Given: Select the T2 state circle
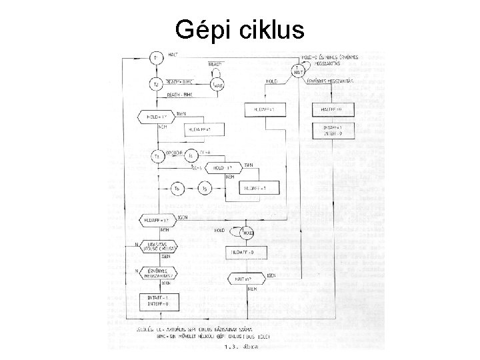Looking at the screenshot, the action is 156,85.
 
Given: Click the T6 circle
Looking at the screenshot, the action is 177,189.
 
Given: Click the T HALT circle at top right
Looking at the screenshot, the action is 297,69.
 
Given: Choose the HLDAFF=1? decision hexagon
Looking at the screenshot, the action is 155,220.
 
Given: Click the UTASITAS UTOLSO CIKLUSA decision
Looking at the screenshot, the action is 156,248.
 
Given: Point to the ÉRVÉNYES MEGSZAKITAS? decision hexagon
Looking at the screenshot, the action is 156,273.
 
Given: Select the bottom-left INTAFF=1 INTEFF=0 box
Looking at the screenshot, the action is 155,300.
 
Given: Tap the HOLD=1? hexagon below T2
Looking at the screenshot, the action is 155,116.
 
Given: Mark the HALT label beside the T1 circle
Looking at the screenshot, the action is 172,54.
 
